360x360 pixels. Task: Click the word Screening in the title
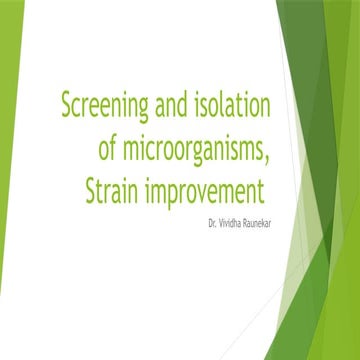coord(108,104)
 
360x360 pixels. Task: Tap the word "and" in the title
coord(181,104)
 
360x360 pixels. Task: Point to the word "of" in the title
coord(111,148)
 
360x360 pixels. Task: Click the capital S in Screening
coord(68,104)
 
